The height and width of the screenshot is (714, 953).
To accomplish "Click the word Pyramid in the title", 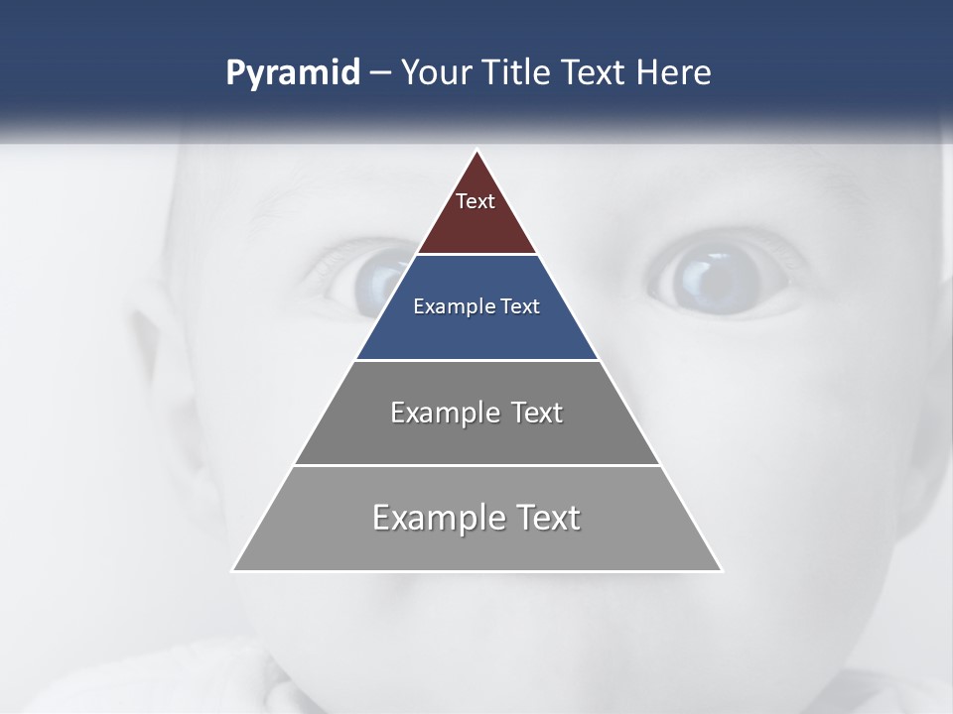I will (x=293, y=73).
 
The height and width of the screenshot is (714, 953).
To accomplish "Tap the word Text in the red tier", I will (x=476, y=201).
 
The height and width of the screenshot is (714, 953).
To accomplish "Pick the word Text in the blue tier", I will (x=519, y=306).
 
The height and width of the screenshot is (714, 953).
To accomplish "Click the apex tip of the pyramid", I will (x=476, y=152).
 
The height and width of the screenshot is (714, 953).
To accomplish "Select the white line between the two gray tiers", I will (x=476, y=465).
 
